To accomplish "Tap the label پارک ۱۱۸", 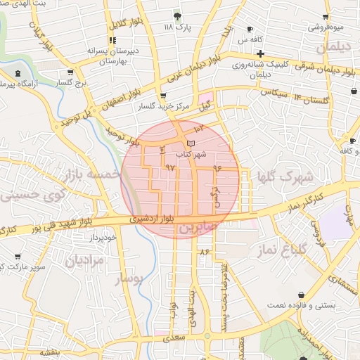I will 177,27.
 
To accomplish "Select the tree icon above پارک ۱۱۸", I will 177,15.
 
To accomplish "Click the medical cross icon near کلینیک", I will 260,53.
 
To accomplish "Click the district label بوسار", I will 129,280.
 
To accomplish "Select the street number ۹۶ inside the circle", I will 217,169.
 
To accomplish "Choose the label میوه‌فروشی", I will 325,28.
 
